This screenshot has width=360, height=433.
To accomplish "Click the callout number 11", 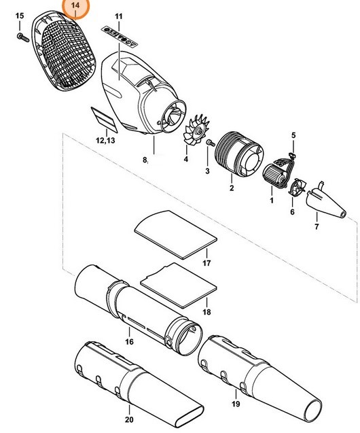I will [119, 15].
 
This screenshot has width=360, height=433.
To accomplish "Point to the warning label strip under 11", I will [119, 31].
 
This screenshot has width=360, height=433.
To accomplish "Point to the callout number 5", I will [293, 135].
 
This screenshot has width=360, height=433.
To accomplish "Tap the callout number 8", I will [145, 160].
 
